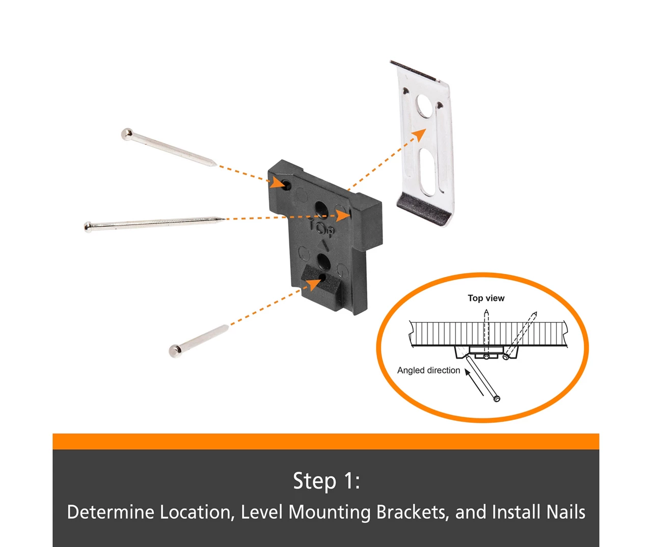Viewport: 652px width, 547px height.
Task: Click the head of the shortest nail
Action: (x=175, y=350)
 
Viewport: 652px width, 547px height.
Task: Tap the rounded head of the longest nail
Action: (x=88, y=227)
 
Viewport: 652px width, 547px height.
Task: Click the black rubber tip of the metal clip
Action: (x=424, y=209)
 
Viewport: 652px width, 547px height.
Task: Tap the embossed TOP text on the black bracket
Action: (x=321, y=228)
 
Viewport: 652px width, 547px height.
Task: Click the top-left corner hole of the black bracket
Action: (x=287, y=185)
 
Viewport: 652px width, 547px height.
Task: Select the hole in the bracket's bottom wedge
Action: (x=322, y=278)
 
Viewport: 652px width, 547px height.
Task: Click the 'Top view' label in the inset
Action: (x=486, y=298)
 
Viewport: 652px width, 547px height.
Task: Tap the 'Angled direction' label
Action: (x=428, y=370)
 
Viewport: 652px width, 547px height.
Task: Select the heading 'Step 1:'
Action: (x=326, y=481)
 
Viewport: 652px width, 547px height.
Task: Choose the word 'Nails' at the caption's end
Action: (x=565, y=512)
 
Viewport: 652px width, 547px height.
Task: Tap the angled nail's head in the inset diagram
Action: (x=497, y=398)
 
